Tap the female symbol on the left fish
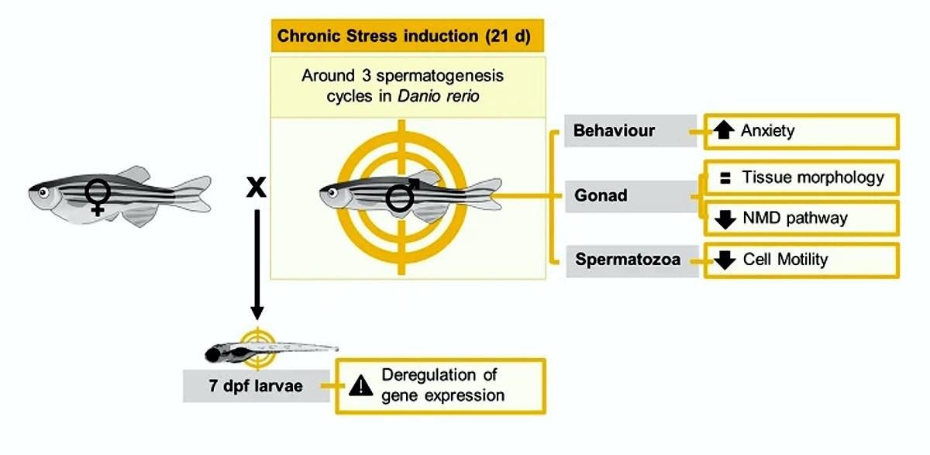(x=98, y=195)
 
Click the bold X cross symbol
(x=256, y=187)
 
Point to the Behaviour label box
(x=614, y=131)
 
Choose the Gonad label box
(x=601, y=195)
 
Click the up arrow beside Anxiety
(x=724, y=131)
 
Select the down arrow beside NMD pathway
(x=725, y=219)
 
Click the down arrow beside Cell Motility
(x=725, y=260)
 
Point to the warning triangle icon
(x=360, y=385)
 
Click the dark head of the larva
(x=216, y=355)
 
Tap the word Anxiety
(x=767, y=131)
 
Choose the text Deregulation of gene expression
(x=442, y=385)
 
